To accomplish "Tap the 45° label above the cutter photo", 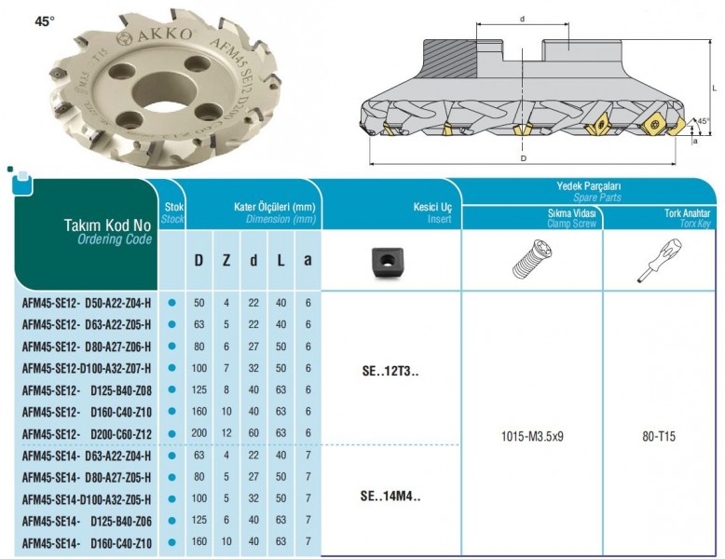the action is pyautogui.click(x=45, y=21).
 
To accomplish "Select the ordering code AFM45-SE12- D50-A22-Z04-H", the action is pyautogui.click(x=87, y=304).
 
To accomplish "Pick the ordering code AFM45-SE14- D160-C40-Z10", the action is pyautogui.click(x=87, y=543).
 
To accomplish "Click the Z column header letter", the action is pyautogui.click(x=226, y=260).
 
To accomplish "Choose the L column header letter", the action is pyautogui.click(x=280, y=260).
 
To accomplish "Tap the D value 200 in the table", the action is pyautogui.click(x=198, y=433).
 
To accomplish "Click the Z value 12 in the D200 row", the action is pyautogui.click(x=226, y=433).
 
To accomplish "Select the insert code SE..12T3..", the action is pyautogui.click(x=390, y=372).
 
